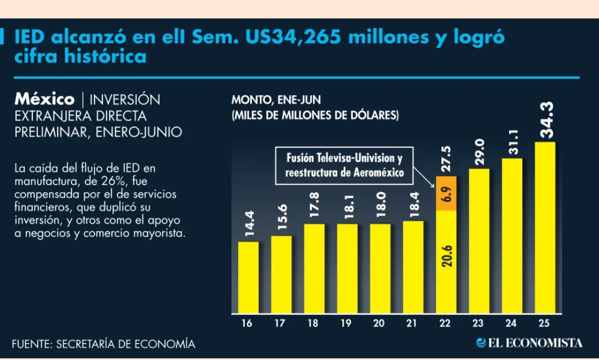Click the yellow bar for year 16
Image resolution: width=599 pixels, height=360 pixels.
coord(248,277)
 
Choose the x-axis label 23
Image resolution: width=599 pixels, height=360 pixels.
coord(478,323)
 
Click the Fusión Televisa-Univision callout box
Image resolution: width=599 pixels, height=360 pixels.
coord(344,166)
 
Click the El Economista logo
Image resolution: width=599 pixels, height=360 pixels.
coord(529,343)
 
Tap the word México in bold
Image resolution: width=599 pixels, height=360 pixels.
coord(45,100)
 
